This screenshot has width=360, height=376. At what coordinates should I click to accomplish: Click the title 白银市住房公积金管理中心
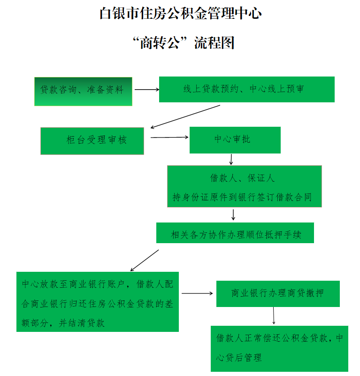[180, 13]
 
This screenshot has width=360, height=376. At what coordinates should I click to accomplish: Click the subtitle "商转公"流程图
[184, 43]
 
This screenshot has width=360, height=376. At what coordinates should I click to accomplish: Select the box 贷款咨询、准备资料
[83, 92]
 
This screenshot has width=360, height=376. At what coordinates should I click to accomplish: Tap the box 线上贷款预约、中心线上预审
[247, 90]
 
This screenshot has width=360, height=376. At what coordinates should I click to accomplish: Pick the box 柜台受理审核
[92, 141]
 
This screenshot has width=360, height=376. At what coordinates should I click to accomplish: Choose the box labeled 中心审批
[235, 140]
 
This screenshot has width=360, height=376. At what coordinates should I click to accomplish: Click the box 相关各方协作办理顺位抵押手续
[235, 233]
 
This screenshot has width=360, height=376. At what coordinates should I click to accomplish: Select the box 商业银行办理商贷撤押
[278, 294]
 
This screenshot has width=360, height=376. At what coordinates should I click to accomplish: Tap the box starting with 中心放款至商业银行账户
[98, 302]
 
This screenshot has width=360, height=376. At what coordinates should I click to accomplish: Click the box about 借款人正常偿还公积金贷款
[279, 349]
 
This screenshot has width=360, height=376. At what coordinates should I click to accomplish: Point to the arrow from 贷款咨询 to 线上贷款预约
[147, 90]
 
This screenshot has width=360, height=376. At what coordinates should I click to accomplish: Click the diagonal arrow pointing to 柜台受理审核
[185, 116]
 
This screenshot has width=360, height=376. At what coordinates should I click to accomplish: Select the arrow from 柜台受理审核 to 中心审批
[169, 138]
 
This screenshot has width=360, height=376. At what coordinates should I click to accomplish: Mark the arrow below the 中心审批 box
[231, 160]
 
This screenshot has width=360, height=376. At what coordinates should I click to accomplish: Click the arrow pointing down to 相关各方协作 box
[233, 215]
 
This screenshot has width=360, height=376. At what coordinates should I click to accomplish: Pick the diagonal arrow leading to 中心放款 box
[145, 261]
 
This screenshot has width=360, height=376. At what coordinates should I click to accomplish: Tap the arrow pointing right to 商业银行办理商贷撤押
[197, 293]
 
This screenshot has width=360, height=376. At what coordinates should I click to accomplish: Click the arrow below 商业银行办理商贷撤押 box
[274, 316]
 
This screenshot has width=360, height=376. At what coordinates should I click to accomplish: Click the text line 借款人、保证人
[243, 178]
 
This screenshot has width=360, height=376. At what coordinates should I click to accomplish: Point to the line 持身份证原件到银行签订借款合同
[242, 197]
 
